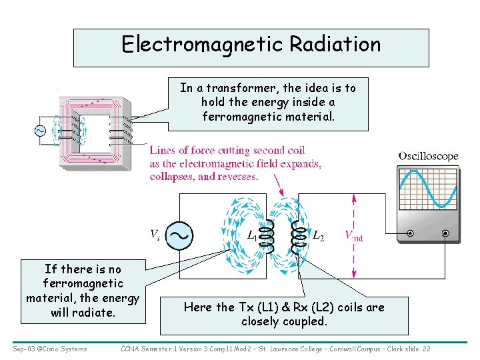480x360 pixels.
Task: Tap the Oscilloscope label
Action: tap(428, 156)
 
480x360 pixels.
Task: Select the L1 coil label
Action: tap(252, 235)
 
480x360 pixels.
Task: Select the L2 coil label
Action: tap(319, 235)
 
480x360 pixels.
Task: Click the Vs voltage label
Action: tap(154, 235)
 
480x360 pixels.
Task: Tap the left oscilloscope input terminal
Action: tap(410, 233)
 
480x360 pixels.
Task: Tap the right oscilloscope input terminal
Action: tap(445, 233)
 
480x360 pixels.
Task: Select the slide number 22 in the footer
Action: tap(426, 349)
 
